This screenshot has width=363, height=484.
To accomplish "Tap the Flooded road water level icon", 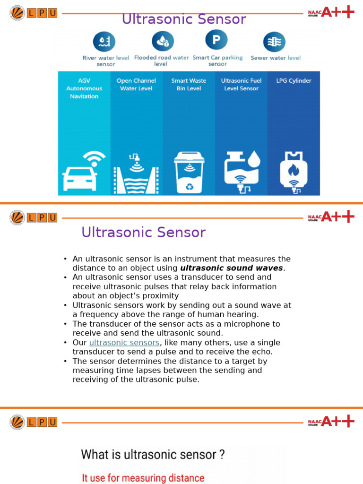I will (x=163, y=41).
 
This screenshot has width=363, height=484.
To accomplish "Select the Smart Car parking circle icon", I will (x=216, y=40).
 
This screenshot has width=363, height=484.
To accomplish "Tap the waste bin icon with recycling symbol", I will (x=189, y=173).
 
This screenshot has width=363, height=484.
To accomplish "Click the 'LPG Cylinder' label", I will (x=294, y=81).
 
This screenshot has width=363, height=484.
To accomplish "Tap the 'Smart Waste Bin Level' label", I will (x=189, y=85).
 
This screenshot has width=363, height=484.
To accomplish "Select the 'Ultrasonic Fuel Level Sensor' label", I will (x=241, y=85).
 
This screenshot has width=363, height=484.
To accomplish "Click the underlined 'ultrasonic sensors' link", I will (x=125, y=343).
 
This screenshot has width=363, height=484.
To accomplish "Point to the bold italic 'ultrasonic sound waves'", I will (x=232, y=268).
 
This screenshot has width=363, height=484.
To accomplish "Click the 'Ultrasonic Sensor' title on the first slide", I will (x=184, y=19).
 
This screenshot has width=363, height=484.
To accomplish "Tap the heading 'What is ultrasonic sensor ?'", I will (x=153, y=455).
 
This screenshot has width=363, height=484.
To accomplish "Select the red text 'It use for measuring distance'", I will (x=143, y=478).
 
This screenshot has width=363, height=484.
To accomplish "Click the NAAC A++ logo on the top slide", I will (x=331, y=12).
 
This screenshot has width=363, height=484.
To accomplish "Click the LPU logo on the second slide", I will (x=33, y=217).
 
